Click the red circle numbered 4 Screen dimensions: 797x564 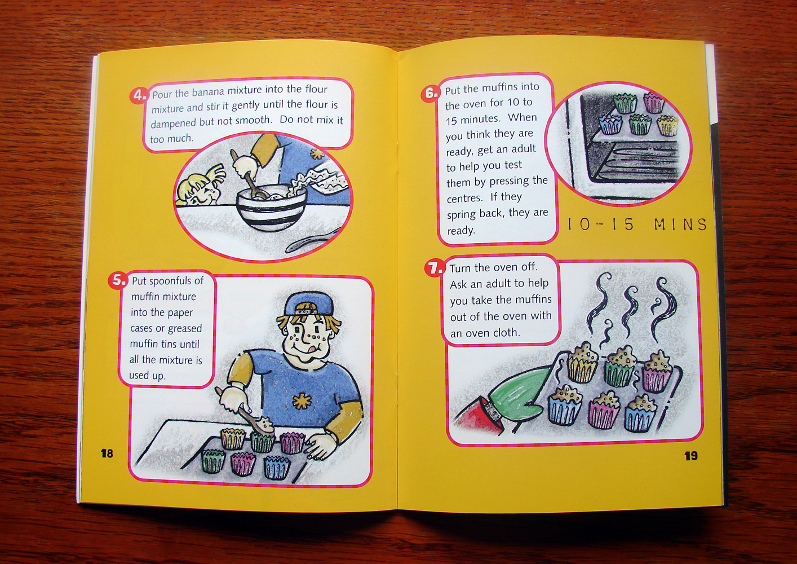139,95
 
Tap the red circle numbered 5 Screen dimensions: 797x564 117,280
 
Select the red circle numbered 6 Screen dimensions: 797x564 431,93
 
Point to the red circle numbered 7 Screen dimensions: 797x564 435,267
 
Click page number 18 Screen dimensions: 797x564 107,453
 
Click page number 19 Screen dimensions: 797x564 690,456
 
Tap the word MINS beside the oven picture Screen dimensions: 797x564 680,224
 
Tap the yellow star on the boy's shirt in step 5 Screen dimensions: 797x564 299,401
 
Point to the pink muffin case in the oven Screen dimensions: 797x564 654,103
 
